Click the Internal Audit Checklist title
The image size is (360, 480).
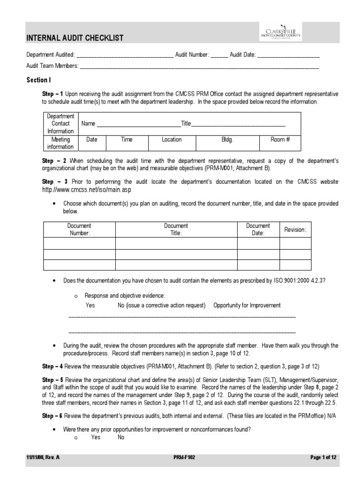tap(75, 38)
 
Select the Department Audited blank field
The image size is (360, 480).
tap(124, 55)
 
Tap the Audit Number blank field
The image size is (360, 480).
tap(219, 55)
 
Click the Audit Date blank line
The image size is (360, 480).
tap(288, 55)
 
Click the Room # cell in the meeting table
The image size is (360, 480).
tap(280, 139)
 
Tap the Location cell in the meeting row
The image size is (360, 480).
tap(172, 139)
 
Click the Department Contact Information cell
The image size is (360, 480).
tap(60, 124)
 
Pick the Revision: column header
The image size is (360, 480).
tap(295, 230)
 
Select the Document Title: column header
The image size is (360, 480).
tap(176, 229)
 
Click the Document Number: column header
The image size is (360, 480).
tap(79, 229)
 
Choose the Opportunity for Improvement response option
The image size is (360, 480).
tap(247, 305)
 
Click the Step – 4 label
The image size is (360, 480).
tap(52, 366)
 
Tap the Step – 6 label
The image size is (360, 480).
tap(52, 416)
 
